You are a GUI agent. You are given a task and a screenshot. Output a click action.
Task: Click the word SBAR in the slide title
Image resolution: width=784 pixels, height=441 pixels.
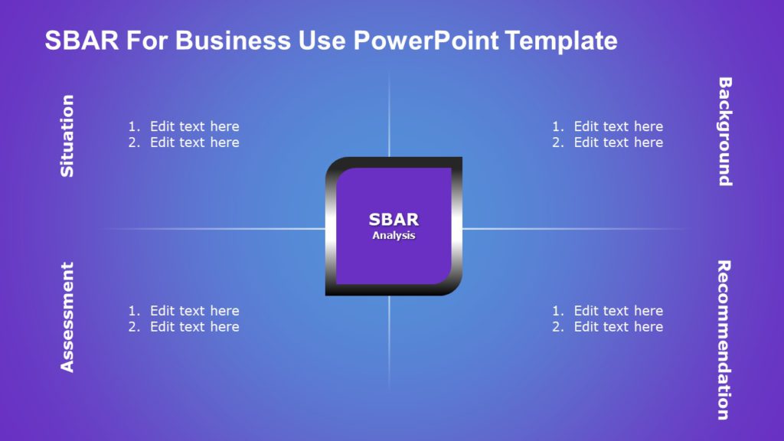click(82, 41)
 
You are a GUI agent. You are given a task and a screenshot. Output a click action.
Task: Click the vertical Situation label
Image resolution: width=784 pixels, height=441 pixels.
click(68, 136)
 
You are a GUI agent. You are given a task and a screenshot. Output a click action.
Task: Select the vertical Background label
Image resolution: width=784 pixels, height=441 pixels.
click(724, 132)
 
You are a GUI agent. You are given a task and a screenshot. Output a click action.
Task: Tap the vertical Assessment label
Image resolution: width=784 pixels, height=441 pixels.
click(68, 317)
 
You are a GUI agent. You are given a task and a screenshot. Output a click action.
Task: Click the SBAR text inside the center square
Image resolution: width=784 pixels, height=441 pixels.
click(394, 220)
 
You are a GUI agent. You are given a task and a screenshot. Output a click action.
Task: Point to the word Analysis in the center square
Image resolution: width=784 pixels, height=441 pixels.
click(394, 236)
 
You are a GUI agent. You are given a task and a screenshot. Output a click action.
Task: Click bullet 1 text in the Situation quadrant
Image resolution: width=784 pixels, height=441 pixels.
click(194, 126)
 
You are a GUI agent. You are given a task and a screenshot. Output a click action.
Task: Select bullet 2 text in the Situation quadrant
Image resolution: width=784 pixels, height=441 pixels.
click(194, 142)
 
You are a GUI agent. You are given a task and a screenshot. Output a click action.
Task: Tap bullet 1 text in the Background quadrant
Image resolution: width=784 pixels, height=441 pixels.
click(619, 126)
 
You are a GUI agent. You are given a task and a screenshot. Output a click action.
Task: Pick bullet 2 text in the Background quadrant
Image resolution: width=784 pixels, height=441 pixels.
click(619, 142)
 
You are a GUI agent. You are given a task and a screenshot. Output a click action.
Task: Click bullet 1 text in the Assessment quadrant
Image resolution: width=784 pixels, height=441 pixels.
click(194, 311)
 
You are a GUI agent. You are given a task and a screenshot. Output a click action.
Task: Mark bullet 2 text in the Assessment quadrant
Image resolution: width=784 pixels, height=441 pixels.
click(194, 327)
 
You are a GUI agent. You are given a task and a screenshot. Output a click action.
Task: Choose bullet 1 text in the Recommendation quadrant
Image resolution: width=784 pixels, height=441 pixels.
click(619, 311)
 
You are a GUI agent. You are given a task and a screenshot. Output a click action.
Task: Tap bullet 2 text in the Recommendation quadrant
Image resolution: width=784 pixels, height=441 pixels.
click(619, 327)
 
